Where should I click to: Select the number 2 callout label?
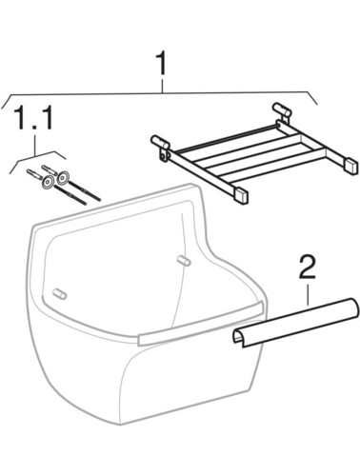coord(308,268)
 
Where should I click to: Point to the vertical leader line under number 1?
coord(163,86)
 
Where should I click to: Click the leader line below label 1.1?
coord(35,145)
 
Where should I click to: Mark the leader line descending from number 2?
coord(308,294)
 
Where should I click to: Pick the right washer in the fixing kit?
coord(63,177)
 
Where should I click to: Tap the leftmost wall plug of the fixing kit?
coord(33,173)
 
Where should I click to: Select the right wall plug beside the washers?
coord(49,169)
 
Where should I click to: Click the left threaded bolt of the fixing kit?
coord(70,195)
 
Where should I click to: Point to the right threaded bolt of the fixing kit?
coord(85,190)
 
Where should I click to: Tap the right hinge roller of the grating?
coord(282,108)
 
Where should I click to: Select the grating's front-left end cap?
coord(241,196)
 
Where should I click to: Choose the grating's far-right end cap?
coord(351,166)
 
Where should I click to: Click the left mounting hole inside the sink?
coord(59,294)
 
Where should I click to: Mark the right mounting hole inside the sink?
coord(184,260)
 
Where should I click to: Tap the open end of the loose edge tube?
coord(239,338)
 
